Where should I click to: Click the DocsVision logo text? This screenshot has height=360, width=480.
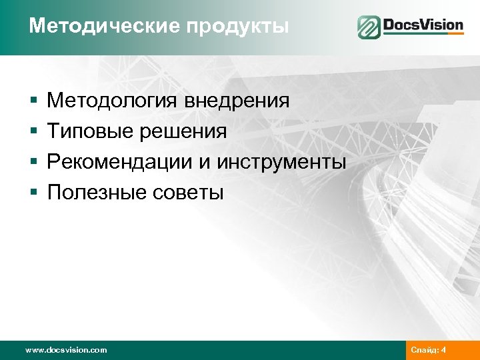click(x=423, y=27)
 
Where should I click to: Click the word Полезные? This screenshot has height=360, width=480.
click(x=92, y=193)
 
